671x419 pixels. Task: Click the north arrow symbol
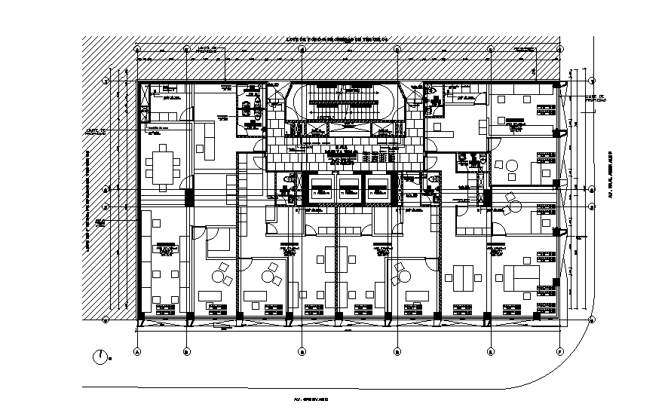pyautogui.click(x=100, y=356)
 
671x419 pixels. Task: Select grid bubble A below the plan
pyautogui.click(x=137, y=350)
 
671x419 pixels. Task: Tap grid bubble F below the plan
pyautogui.click(x=559, y=350)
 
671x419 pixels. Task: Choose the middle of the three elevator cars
pyautogui.click(x=348, y=190)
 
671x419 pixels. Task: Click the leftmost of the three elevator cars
pyautogui.click(x=320, y=190)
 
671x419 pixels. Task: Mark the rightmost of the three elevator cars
pyautogui.click(x=375, y=190)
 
